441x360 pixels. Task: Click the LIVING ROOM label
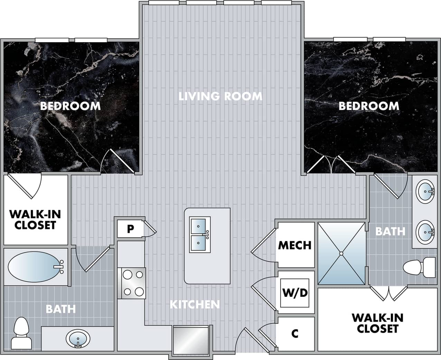click(x=220, y=96)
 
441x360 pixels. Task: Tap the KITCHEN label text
click(x=195, y=304)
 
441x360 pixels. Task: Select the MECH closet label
click(x=295, y=245)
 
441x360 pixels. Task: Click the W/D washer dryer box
click(x=295, y=293)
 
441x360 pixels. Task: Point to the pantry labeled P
click(x=130, y=229)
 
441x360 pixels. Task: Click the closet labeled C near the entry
click(x=295, y=334)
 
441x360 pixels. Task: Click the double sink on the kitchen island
click(x=199, y=235)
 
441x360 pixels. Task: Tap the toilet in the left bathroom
click(x=21, y=333)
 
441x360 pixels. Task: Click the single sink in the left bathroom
click(x=78, y=338)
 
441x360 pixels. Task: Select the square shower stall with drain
click(x=341, y=254)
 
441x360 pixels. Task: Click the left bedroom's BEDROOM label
click(x=70, y=106)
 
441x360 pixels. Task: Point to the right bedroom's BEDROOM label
click(x=368, y=106)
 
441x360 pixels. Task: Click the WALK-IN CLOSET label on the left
click(x=35, y=220)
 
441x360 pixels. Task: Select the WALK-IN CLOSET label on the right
click(x=377, y=323)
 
